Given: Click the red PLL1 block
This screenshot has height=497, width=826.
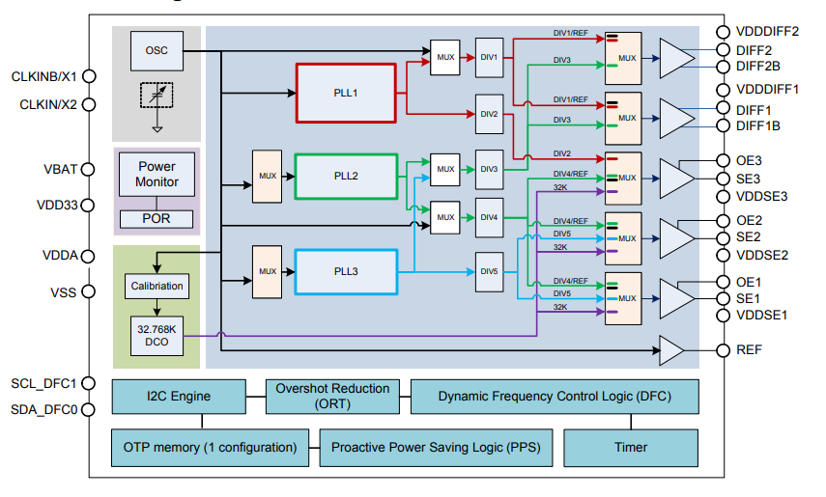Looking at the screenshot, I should tap(346, 94).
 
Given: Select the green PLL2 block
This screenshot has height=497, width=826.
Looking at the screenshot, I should tap(346, 177).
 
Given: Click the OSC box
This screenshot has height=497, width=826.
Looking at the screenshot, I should tap(156, 50).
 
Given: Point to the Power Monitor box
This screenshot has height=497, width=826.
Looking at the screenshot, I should tap(157, 175).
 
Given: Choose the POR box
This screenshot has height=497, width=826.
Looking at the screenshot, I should tap(157, 218).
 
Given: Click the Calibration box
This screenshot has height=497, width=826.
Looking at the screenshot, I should tap(156, 286).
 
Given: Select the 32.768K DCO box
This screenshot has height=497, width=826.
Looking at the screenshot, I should tap(156, 335).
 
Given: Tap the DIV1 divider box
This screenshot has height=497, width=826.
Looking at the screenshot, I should tap(489, 57).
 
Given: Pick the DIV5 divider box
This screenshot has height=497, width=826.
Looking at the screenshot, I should tap(489, 272).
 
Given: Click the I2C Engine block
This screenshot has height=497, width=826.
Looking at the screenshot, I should tap(179, 396).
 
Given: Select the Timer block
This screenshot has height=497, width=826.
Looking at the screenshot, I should tap(631, 447).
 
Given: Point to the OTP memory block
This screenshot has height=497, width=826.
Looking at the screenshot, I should tap(210, 447).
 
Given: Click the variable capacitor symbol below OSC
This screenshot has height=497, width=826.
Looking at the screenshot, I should tap(157, 96).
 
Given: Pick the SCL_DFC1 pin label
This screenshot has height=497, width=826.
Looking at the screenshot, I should tap(43, 383).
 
